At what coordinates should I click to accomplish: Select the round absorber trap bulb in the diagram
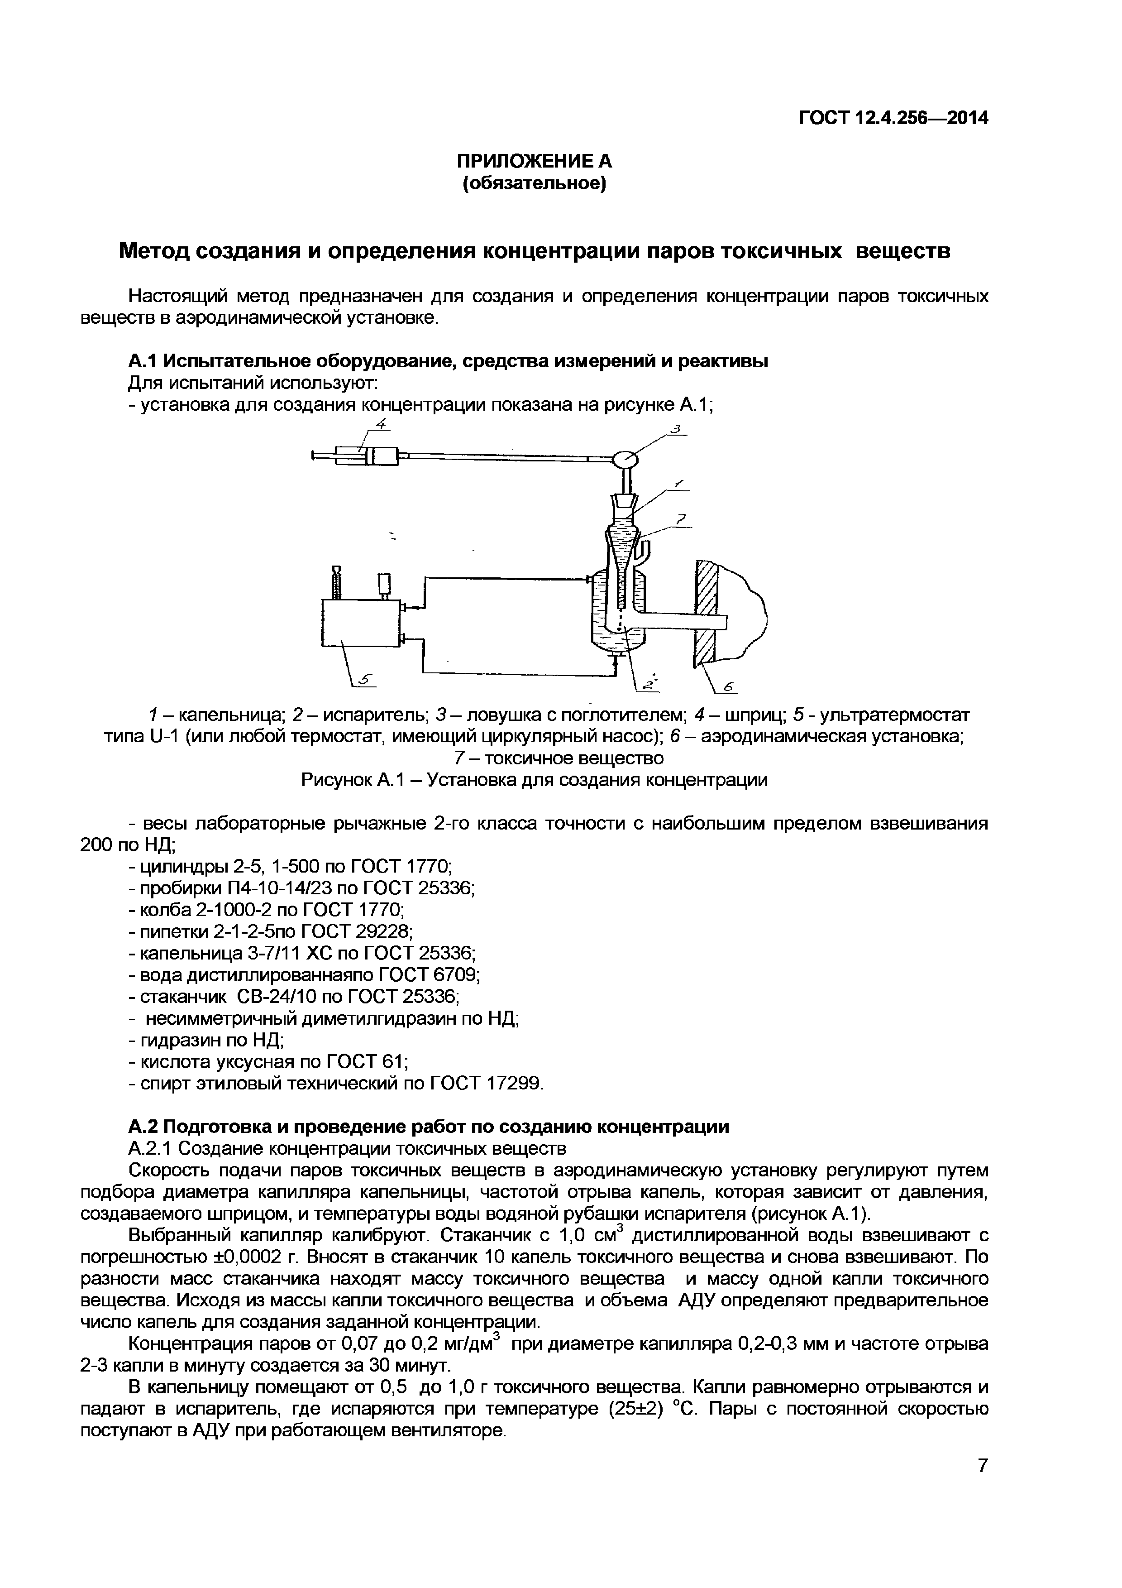[x=625, y=458]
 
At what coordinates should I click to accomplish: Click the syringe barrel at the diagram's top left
[x=384, y=456]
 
